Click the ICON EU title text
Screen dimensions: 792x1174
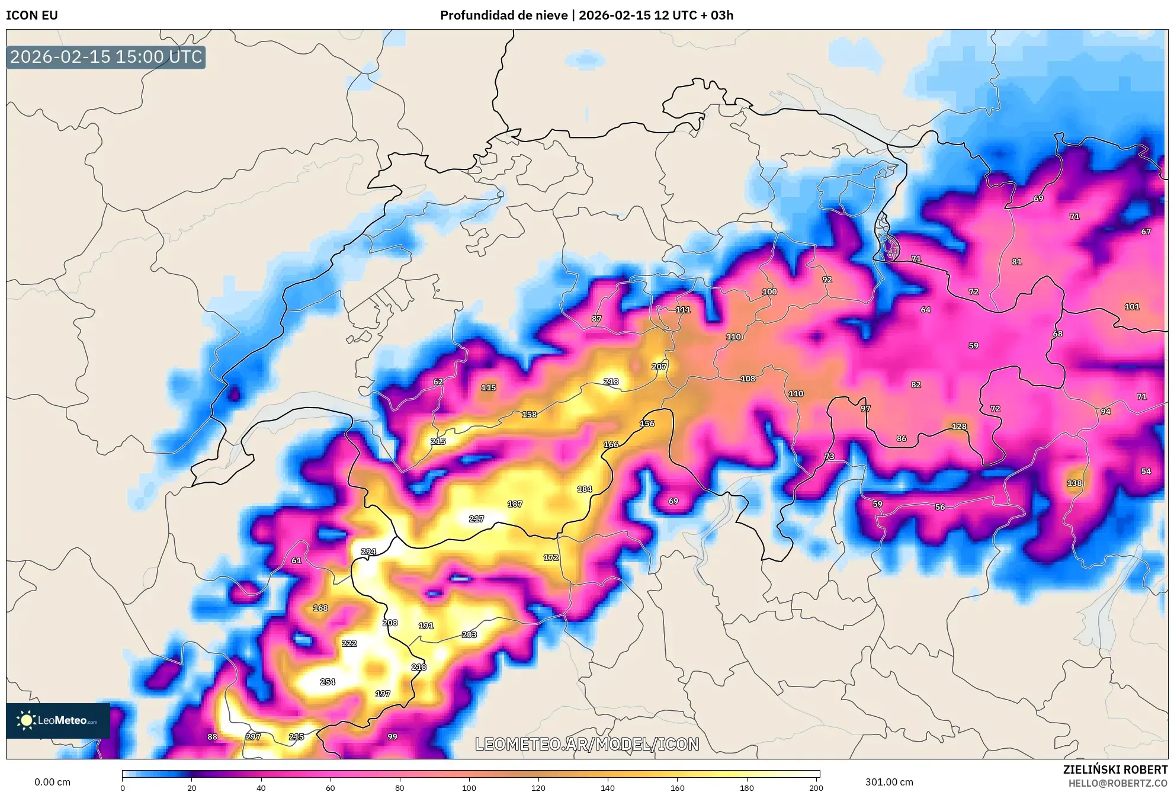click(32, 15)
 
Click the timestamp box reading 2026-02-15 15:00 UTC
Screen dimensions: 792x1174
click(106, 57)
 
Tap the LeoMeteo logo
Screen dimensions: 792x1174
click(57, 720)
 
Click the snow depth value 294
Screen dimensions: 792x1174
click(368, 551)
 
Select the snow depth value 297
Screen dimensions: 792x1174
click(253, 737)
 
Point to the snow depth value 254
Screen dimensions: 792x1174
click(328, 682)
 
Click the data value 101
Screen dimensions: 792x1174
click(1132, 307)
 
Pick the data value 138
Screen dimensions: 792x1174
click(1074, 483)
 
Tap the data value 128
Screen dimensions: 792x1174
click(959, 427)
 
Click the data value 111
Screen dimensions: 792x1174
click(683, 310)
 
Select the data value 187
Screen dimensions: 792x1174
click(515, 504)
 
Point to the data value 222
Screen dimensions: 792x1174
click(349, 643)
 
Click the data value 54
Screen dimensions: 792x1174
click(1146, 472)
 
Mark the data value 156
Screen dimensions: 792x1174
click(647, 424)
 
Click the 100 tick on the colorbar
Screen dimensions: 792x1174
click(469, 788)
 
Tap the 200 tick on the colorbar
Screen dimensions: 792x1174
click(816, 788)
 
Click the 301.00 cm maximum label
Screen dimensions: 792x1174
click(889, 782)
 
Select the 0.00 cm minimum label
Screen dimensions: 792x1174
click(52, 782)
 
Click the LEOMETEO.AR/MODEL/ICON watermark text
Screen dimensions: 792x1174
click(587, 744)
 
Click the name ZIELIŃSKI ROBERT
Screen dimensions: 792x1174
click(1115, 769)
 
